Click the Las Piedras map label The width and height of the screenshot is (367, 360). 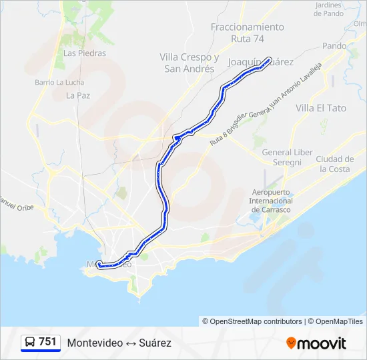[x=79, y=53]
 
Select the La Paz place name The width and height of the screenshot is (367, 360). [x=78, y=95]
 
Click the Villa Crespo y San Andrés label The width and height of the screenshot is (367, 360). [x=190, y=63]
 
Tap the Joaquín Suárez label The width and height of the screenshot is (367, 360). [x=251, y=62]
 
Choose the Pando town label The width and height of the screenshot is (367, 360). [x=334, y=46]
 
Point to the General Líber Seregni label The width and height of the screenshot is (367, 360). [x=287, y=157]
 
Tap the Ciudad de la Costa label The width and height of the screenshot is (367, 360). [x=334, y=164]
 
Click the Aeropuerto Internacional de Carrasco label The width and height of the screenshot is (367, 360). [x=270, y=201]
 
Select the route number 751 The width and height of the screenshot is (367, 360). [x=47, y=342]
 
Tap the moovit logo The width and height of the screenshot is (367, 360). [x=316, y=343]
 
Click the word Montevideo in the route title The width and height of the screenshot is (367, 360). [x=95, y=343]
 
